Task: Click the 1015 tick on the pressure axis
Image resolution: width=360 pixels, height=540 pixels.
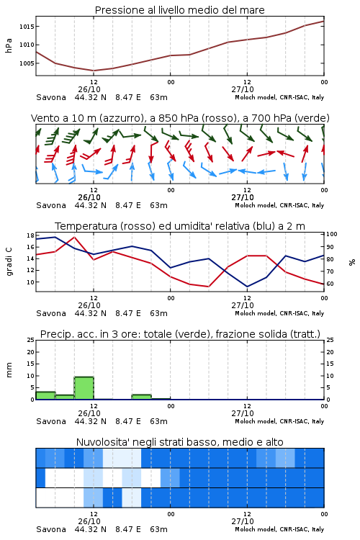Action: coord(26,27)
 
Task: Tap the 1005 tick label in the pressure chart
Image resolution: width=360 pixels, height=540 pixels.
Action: coord(26,63)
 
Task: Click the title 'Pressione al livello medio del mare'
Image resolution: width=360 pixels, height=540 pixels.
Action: coord(180,10)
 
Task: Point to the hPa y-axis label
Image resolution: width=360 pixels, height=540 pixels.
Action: coord(9,45)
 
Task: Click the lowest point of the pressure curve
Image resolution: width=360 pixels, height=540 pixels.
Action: coord(94,71)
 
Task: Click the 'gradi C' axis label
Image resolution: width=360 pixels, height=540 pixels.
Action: coord(9,262)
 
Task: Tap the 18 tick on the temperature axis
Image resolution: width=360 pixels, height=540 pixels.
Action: coord(30,235)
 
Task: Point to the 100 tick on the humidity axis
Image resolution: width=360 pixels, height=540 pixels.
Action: coord(332,234)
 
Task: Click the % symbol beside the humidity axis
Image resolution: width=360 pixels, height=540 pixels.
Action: coord(352,262)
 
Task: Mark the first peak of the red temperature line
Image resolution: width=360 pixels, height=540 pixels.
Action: coord(74,237)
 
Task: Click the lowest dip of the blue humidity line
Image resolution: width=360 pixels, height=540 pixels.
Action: coord(247,287)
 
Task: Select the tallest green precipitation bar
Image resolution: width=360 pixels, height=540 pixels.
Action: coord(84,388)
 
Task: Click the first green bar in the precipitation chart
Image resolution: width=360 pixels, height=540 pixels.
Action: coord(45,396)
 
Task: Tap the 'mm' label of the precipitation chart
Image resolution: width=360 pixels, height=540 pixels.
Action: coord(9,370)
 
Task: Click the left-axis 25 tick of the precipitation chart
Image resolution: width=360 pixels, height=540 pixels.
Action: coord(30,341)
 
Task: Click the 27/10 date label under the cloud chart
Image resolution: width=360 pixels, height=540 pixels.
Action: coord(243,521)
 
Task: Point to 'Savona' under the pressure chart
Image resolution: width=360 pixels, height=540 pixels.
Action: coord(51,97)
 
